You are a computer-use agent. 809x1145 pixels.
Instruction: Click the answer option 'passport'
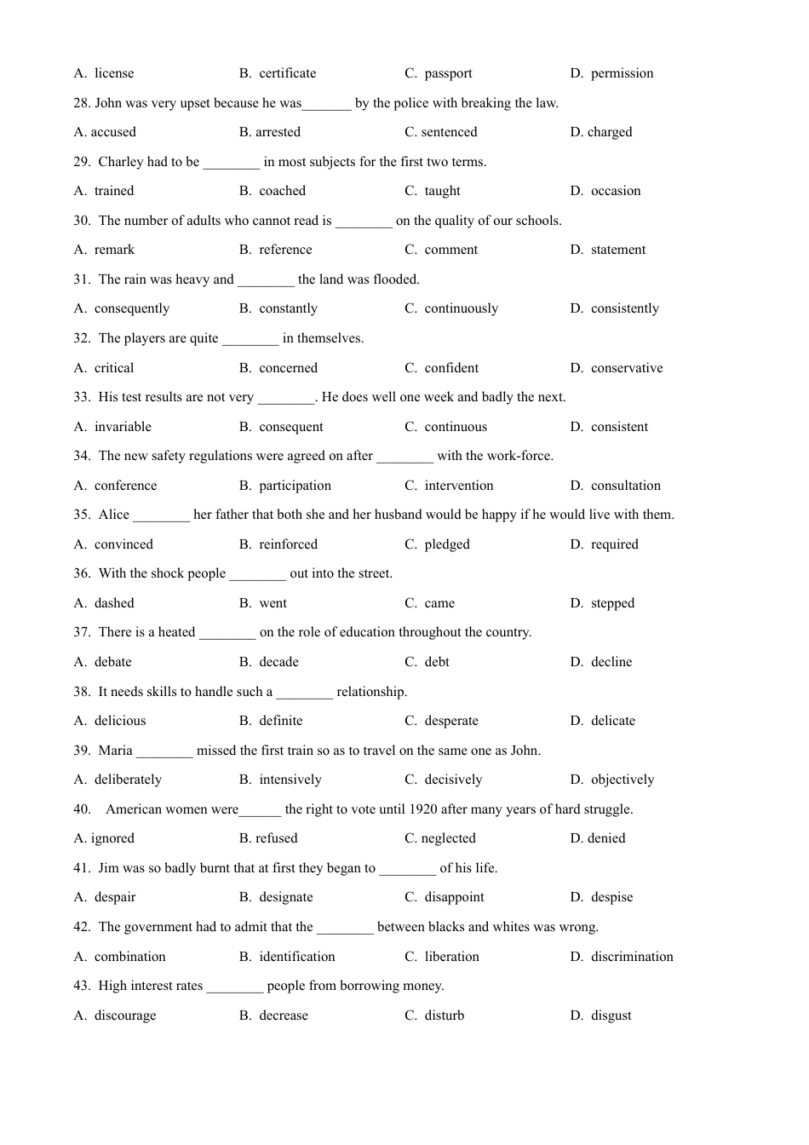pyautogui.click(x=448, y=73)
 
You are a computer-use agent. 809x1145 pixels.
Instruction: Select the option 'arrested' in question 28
pyautogui.click(x=278, y=132)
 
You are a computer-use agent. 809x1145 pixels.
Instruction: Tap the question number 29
pyautogui.click(x=82, y=162)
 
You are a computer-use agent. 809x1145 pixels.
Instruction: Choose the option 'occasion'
pyautogui.click(x=616, y=191)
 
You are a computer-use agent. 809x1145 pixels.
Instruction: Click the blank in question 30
pyautogui.click(x=364, y=222)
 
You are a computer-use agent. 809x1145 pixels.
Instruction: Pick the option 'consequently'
pyautogui.click(x=133, y=308)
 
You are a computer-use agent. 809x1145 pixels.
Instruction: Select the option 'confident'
pyautogui.click(x=451, y=368)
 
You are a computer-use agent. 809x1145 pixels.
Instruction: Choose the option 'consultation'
pyautogui.click(x=626, y=486)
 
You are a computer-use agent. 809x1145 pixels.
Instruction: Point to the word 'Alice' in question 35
pyautogui.click(x=114, y=515)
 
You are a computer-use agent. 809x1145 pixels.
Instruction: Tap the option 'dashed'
pyautogui.click(x=114, y=603)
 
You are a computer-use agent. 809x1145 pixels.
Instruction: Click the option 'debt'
pyautogui.click(x=437, y=662)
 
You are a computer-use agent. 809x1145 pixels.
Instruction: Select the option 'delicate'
pyautogui.click(x=613, y=721)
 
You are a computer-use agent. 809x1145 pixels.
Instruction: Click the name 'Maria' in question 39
pyautogui.click(x=115, y=751)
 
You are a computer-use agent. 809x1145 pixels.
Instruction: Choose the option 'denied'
pyautogui.click(x=606, y=838)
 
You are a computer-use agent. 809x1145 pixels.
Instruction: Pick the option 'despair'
pyautogui.click(x=115, y=897)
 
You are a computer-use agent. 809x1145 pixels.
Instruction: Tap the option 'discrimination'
pyautogui.click(x=632, y=957)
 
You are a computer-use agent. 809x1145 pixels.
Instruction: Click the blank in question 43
pyautogui.click(x=235, y=987)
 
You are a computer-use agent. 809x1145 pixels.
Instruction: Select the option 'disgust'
pyautogui.click(x=611, y=1016)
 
